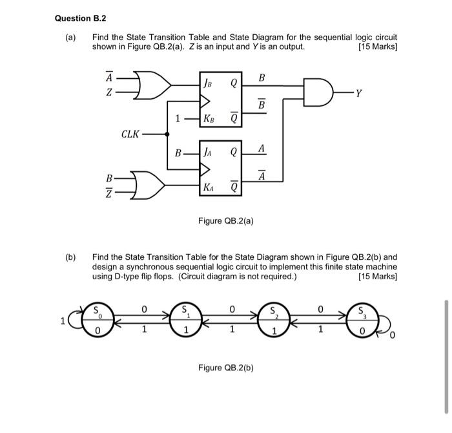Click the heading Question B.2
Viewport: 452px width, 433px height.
tap(81, 18)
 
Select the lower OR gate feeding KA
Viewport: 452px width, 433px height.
tap(147, 186)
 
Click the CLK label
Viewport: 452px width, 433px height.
tap(130, 134)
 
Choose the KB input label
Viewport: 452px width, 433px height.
tap(209, 119)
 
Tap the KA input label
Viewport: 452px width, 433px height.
tap(209, 187)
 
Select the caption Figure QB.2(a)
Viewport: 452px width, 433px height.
tap(225, 221)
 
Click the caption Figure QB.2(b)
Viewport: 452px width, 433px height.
tap(225, 368)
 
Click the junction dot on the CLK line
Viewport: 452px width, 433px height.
tap(168, 134)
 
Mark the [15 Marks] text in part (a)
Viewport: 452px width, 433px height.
tap(377, 47)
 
